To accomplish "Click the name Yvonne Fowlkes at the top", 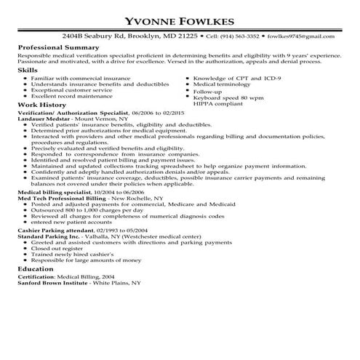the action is (x=180, y=20).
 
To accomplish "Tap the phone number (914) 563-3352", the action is (x=239, y=35).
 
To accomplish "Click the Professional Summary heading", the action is (x=55, y=46).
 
